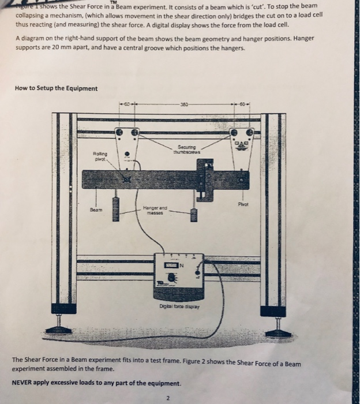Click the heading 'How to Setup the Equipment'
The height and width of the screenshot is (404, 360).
point(56,88)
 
